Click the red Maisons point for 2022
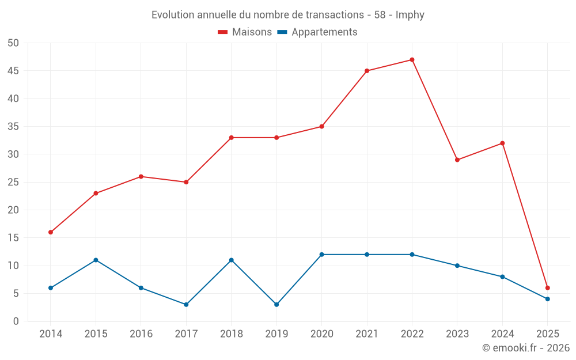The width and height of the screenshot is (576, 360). [x=412, y=60]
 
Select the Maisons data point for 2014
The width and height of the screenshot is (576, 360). [x=51, y=232]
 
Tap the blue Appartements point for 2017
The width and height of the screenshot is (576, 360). [x=186, y=305]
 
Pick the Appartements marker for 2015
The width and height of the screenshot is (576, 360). [x=96, y=260]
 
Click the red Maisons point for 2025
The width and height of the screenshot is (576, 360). [x=547, y=288]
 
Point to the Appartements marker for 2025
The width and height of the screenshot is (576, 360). [x=547, y=299]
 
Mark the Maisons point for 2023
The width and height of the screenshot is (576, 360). [x=457, y=160]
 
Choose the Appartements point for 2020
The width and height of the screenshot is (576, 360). [x=321, y=255]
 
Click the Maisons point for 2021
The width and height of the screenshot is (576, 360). [x=367, y=71]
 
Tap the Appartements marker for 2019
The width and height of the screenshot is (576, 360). [x=276, y=305]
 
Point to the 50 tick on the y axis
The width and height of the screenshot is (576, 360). [x=14, y=43]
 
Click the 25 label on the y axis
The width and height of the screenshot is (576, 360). [x=14, y=183]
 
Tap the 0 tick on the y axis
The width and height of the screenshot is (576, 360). [x=16, y=321]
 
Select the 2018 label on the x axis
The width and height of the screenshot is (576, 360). [x=231, y=334]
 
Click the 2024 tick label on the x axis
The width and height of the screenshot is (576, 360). [x=502, y=334]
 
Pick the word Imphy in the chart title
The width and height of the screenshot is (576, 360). [x=410, y=15]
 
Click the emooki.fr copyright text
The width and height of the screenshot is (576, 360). [x=525, y=348]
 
